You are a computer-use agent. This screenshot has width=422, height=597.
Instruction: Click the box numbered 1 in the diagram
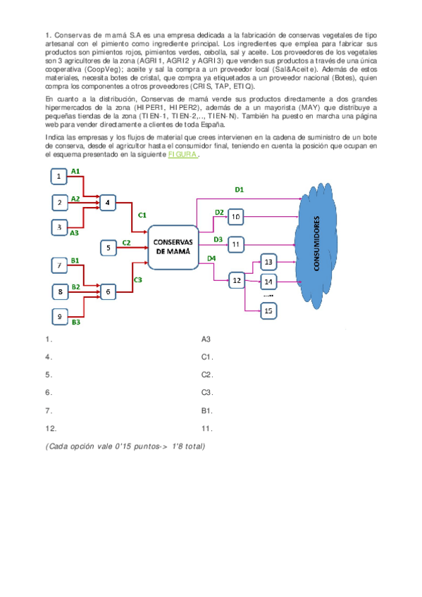pyautogui.click(x=60, y=175)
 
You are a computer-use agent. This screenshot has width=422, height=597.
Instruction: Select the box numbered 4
pyautogui.click(x=108, y=203)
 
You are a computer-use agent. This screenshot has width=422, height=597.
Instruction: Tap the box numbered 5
pyautogui.click(x=108, y=247)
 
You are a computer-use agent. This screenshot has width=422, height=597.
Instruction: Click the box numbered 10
pyautogui.click(x=236, y=217)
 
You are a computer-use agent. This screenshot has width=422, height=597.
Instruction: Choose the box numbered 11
pyautogui.click(x=236, y=244)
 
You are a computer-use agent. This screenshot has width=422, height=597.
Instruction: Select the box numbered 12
pyautogui.click(x=236, y=280)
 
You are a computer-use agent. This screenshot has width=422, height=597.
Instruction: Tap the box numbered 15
pyautogui.click(x=269, y=310)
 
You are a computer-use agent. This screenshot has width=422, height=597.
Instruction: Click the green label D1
pyautogui.click(x=239, y=189)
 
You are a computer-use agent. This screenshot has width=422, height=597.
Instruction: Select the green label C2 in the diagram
pyautogui.click(x=127, y=241)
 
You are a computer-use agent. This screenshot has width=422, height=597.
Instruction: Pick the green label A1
pyautogui.click(x=75, y=171)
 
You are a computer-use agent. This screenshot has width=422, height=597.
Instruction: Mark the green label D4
pyautogui.click(x=211, y=258)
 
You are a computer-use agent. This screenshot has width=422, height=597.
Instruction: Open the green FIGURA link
pyautogui.click(x=182, y=156)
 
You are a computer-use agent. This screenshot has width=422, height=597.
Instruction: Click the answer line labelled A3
pyautogui.click(x=206, y=339)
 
